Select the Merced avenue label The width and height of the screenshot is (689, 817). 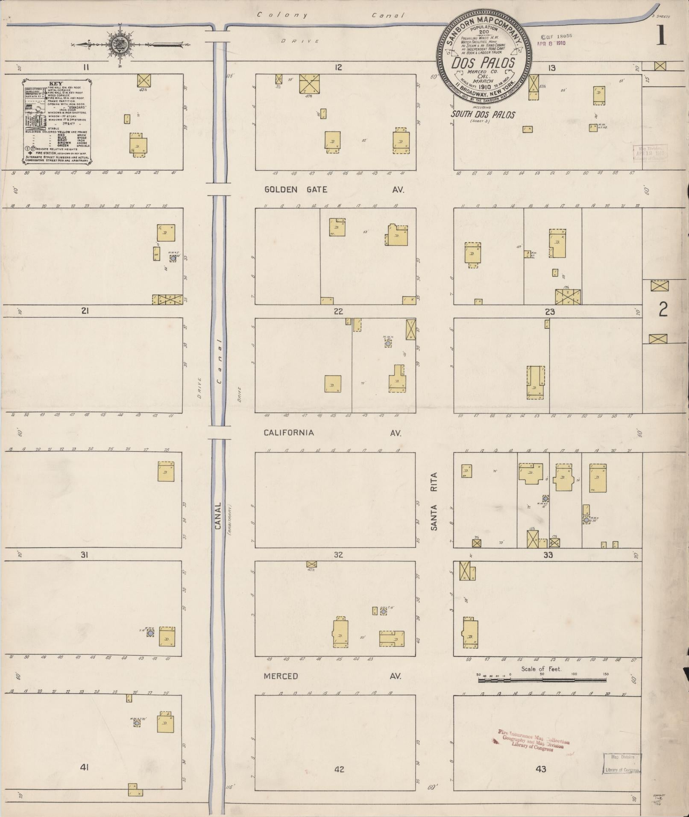(x=281, y=676)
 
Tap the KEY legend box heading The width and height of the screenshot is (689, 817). (x=56, y=83)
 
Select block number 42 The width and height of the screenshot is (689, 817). (x=339, y=769)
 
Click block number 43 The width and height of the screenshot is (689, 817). (x=541, y=769)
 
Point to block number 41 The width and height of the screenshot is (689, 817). (x=85, y=767)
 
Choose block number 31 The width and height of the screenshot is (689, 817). (x=85, y=555)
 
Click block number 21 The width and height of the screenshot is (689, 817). (x=85, y=311)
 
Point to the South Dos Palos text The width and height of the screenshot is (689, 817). (x=483, y=114)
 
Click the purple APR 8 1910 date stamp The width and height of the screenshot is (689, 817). (x=553, y=44)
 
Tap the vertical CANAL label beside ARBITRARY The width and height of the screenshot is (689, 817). (x=218, y=515)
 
